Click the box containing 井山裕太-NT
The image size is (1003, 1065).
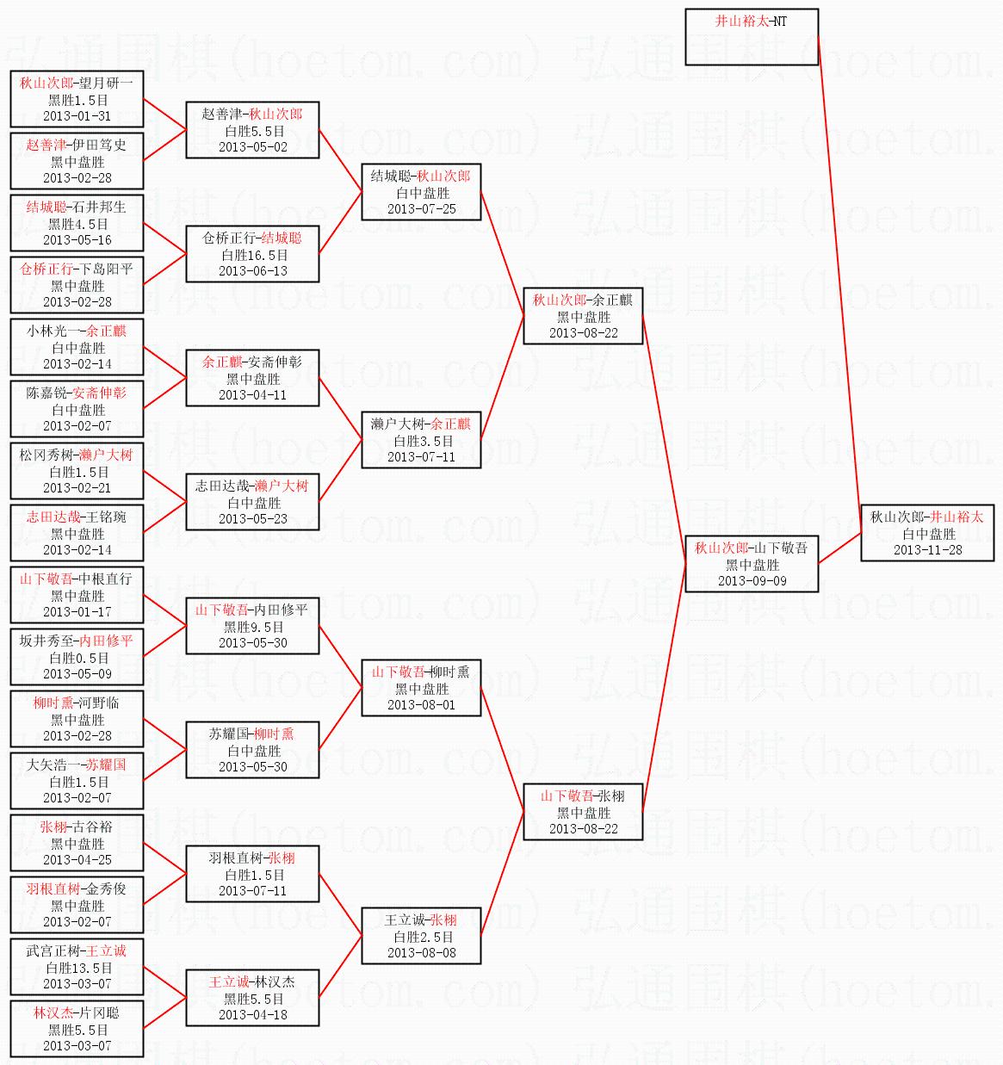pos(752,37)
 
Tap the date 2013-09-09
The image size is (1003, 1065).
pos(752,581)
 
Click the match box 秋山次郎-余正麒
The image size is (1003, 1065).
pos(583,316)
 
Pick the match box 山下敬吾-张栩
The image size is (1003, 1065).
pos(583,812)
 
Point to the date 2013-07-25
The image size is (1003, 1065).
pos(421,209)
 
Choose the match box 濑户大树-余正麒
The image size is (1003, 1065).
pos(421,440)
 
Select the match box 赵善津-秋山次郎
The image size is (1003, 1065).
pos(252,130)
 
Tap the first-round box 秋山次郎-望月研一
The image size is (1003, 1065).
pos(77,99)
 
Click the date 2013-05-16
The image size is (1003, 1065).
pos(77,240)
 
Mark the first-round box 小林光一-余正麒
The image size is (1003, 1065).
pos(77,347)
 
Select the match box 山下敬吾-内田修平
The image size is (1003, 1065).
pos(252,626)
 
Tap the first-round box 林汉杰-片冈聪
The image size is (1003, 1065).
pos(77,1029)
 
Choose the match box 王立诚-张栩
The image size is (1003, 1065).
pos(421,936)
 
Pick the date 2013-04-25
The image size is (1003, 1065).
pos(77,860)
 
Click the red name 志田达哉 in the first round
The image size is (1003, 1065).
pos(53,517)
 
